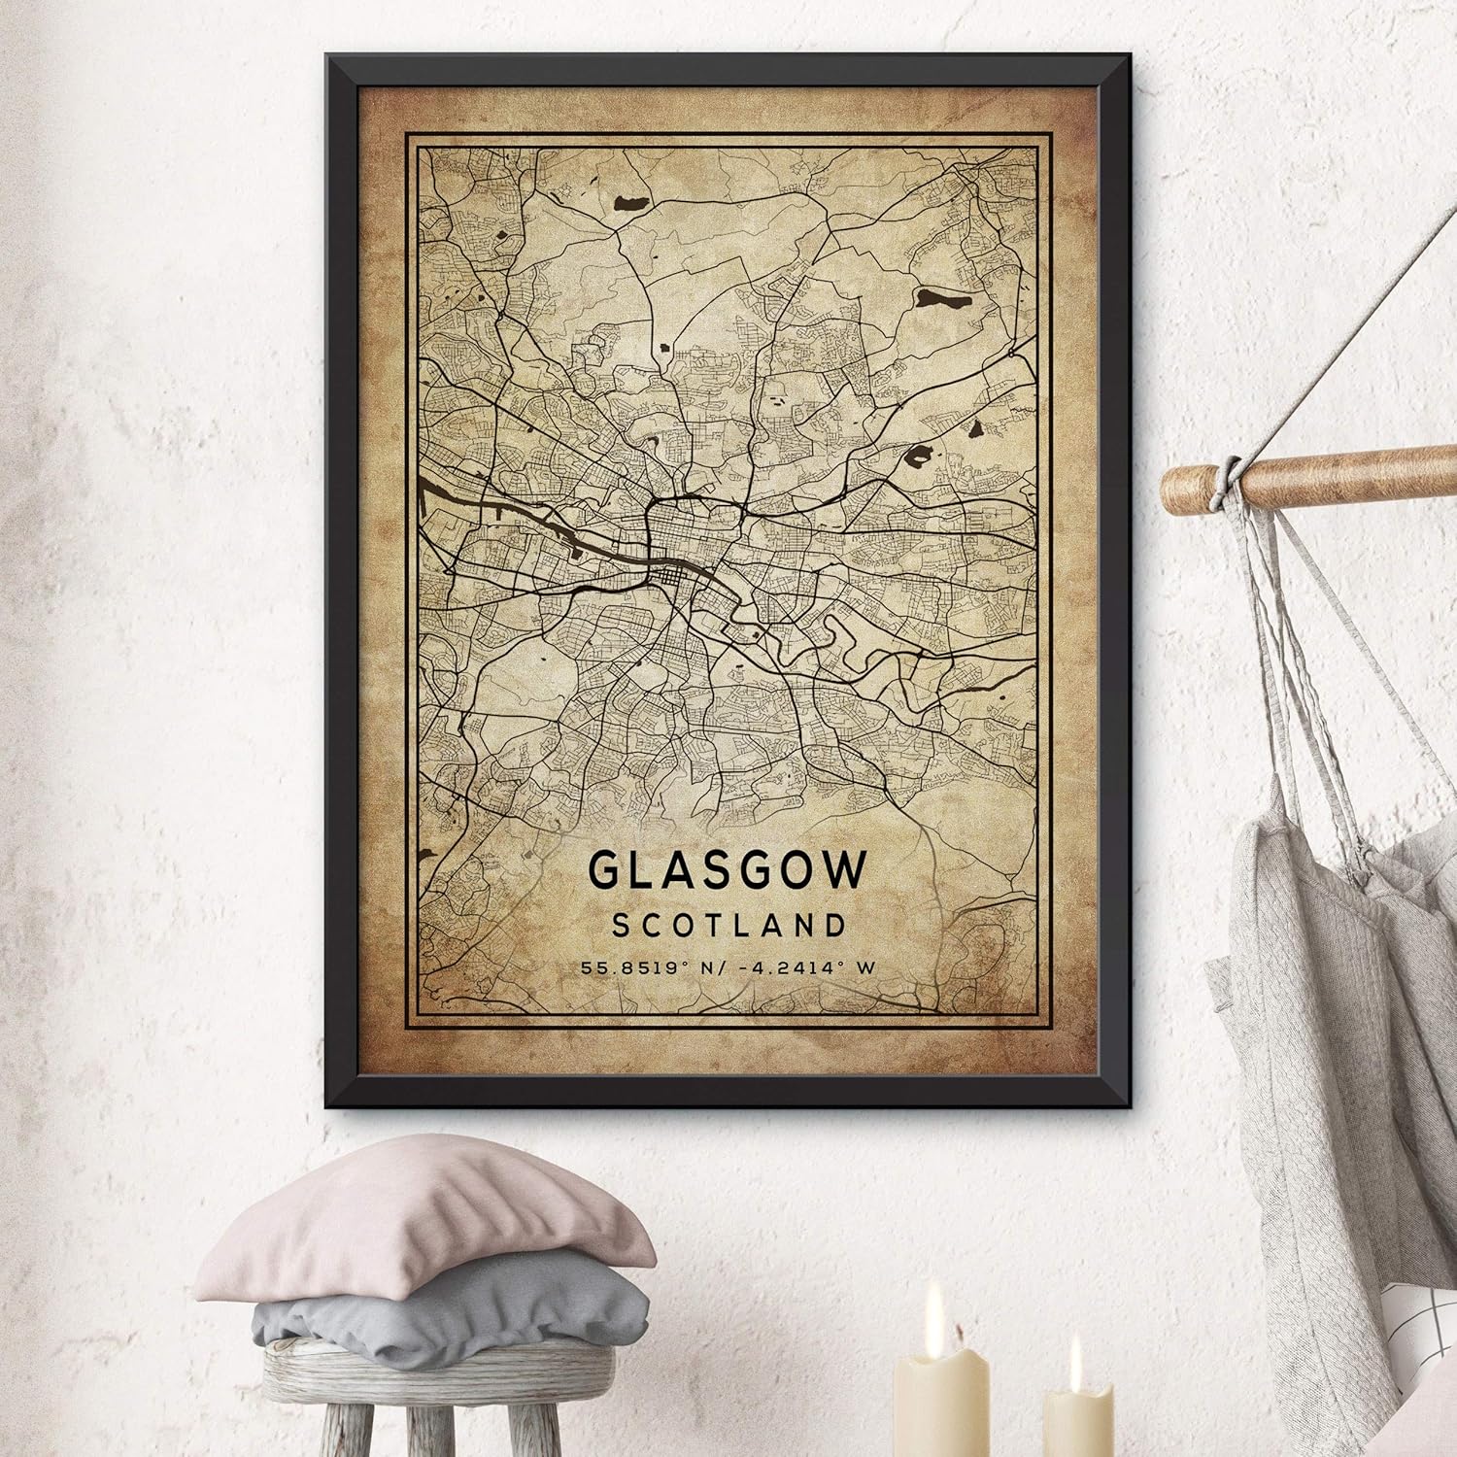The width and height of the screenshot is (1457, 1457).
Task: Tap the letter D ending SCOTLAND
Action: (x=836, y=925)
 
